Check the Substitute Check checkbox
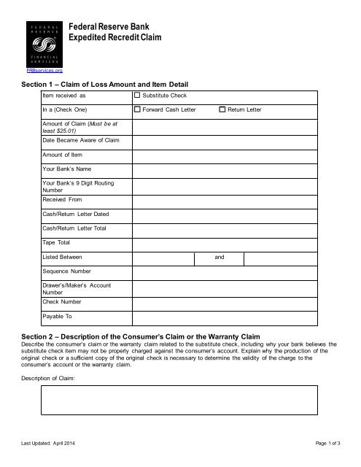pos(138,96)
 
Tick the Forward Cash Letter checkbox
pos(138,109)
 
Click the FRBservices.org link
pos(44,70)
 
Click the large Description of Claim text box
pos(179,400)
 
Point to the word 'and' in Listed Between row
pos(220,258)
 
